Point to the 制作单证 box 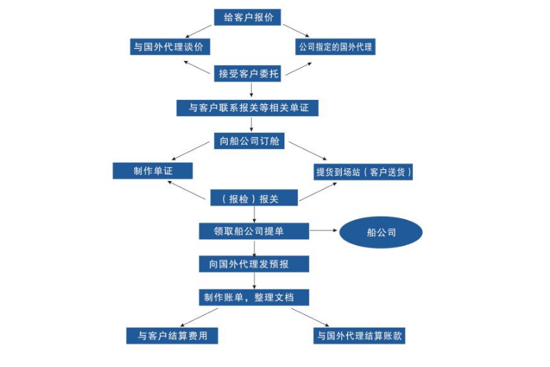[152, 171]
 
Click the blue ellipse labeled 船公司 [381, 233]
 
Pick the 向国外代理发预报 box [253, 264]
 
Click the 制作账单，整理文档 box [254, 297]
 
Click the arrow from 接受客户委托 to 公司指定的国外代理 [299, 66]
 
